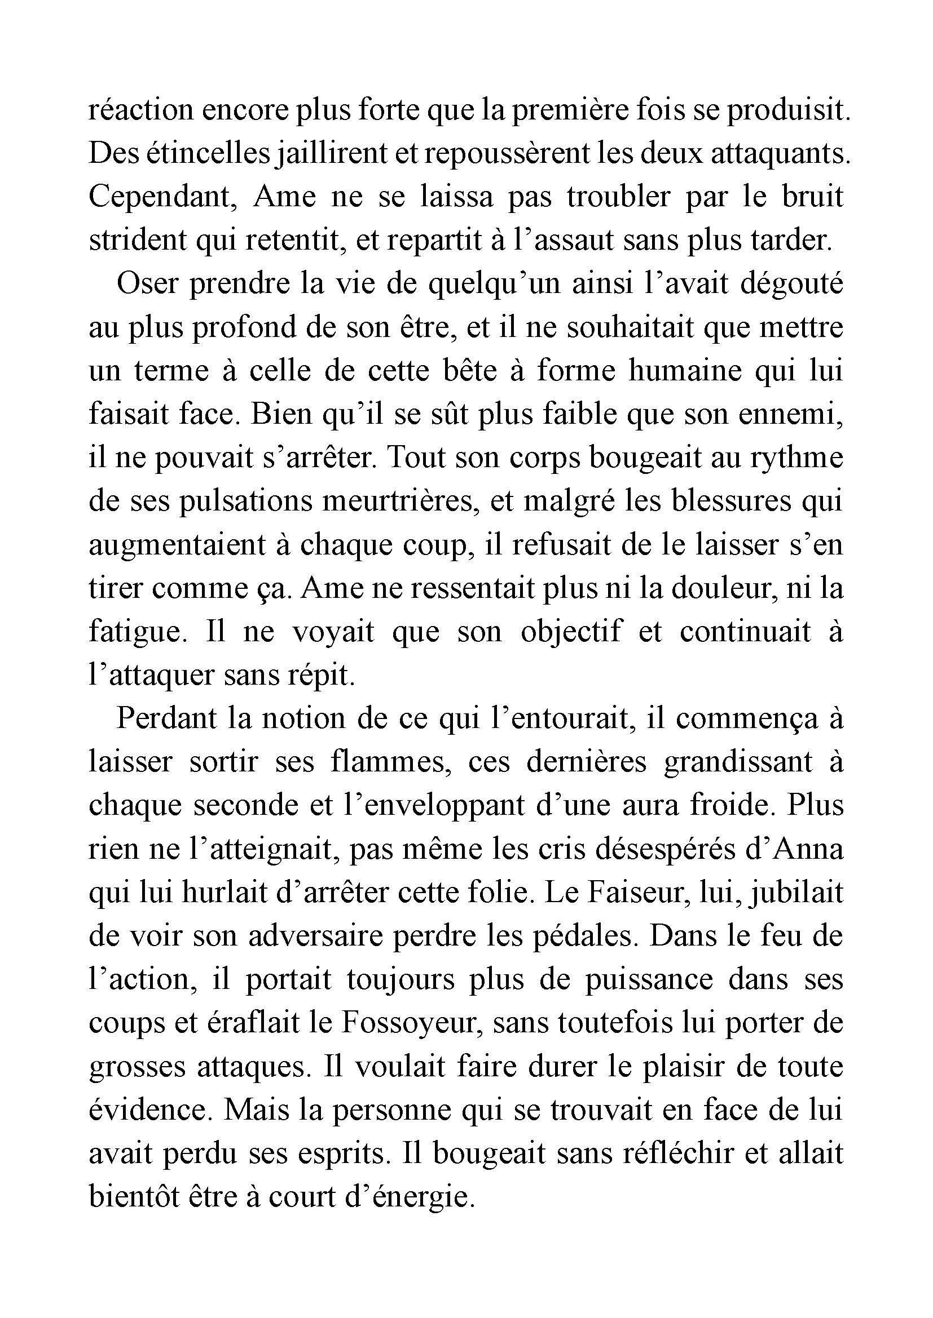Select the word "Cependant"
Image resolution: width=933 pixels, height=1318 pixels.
click(164, 197)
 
